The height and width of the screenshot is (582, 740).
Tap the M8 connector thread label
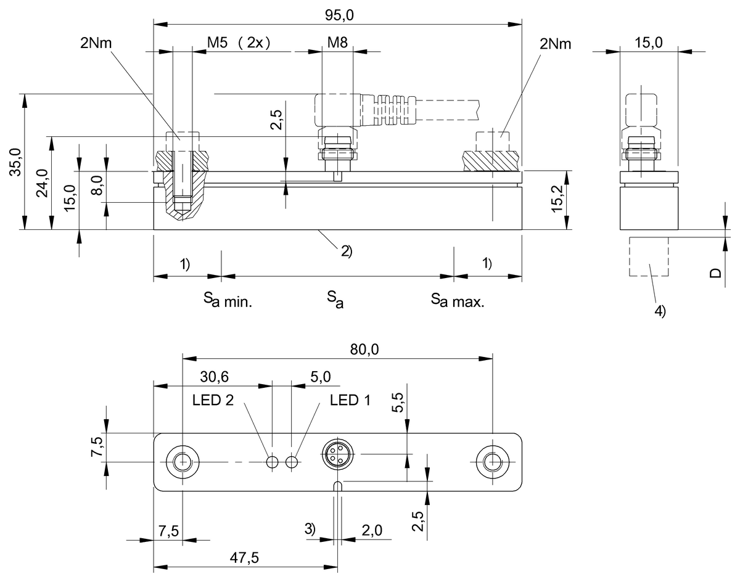337,43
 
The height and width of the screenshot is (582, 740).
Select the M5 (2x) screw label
239,43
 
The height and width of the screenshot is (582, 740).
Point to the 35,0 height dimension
15,162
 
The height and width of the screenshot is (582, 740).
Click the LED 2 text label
213,400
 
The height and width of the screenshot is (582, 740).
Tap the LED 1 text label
350,400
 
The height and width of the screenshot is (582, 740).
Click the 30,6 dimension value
214,376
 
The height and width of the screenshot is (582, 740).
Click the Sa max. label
458,301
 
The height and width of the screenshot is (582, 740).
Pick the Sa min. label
229,301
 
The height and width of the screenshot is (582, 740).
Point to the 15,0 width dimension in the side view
648,43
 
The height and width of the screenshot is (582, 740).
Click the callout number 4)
660,312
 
